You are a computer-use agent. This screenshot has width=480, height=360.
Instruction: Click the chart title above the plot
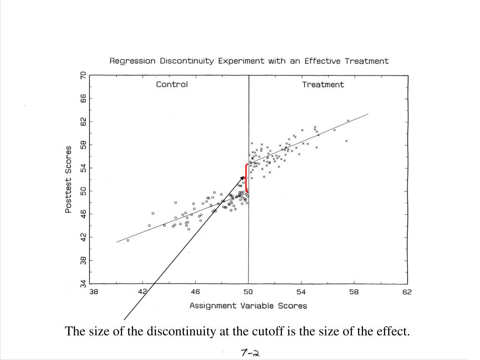[x=249, y=61]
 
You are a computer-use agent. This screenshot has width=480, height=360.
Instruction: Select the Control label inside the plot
[x=172, y=85]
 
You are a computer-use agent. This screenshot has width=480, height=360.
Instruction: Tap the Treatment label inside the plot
[x=322, y=85]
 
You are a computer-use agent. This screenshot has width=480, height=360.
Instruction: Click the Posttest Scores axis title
[x=68, y=180]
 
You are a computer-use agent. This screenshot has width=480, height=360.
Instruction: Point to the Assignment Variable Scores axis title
[x=248, y=306]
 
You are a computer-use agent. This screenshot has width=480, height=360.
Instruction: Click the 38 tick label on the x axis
[x=94, y=292]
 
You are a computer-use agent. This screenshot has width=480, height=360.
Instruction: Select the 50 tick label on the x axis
[x=248, y=292]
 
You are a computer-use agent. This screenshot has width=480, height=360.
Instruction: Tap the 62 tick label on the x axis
[x=406, y=292]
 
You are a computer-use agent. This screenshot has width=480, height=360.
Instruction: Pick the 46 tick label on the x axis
[x=195, y=292]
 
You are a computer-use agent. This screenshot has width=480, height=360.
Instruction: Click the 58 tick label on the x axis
[x=353, y=292]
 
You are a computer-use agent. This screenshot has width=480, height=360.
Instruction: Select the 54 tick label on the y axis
[x=83, y=168]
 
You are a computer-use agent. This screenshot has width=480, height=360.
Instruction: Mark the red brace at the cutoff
[x=246, y=178]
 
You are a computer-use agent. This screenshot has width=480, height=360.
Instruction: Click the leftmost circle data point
[x=128, y=240]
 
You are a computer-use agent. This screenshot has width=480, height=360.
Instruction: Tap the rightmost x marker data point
[x=348, y=120]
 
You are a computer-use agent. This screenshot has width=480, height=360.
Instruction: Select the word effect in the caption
[x=396, y=332]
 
